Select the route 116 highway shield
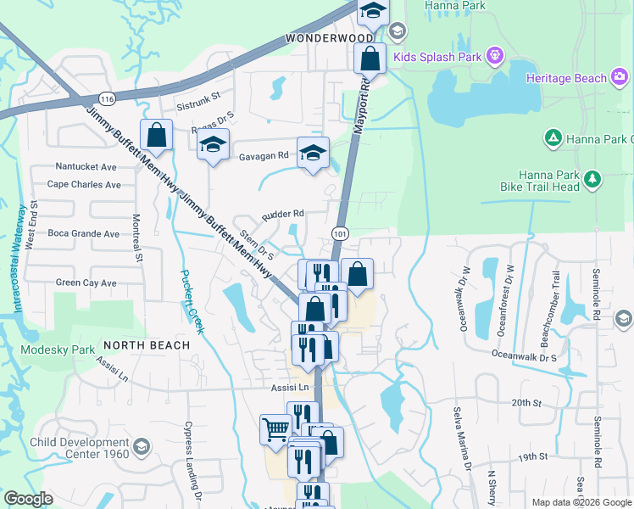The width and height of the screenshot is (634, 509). (x=107, y=98)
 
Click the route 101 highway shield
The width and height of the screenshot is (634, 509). (x=340, y=233)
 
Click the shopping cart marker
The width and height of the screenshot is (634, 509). (x=275, y=430)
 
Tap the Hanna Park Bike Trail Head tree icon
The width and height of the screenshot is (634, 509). (x=592, y=179)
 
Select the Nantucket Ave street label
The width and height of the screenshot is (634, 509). (x=86, y=167)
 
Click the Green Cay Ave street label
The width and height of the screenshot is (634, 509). (x=86, y=282)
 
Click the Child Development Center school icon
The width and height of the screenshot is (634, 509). (x=142, y=446)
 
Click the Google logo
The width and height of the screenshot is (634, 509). (x=28, y=499)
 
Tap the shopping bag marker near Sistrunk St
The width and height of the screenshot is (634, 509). (x=157, y=134)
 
